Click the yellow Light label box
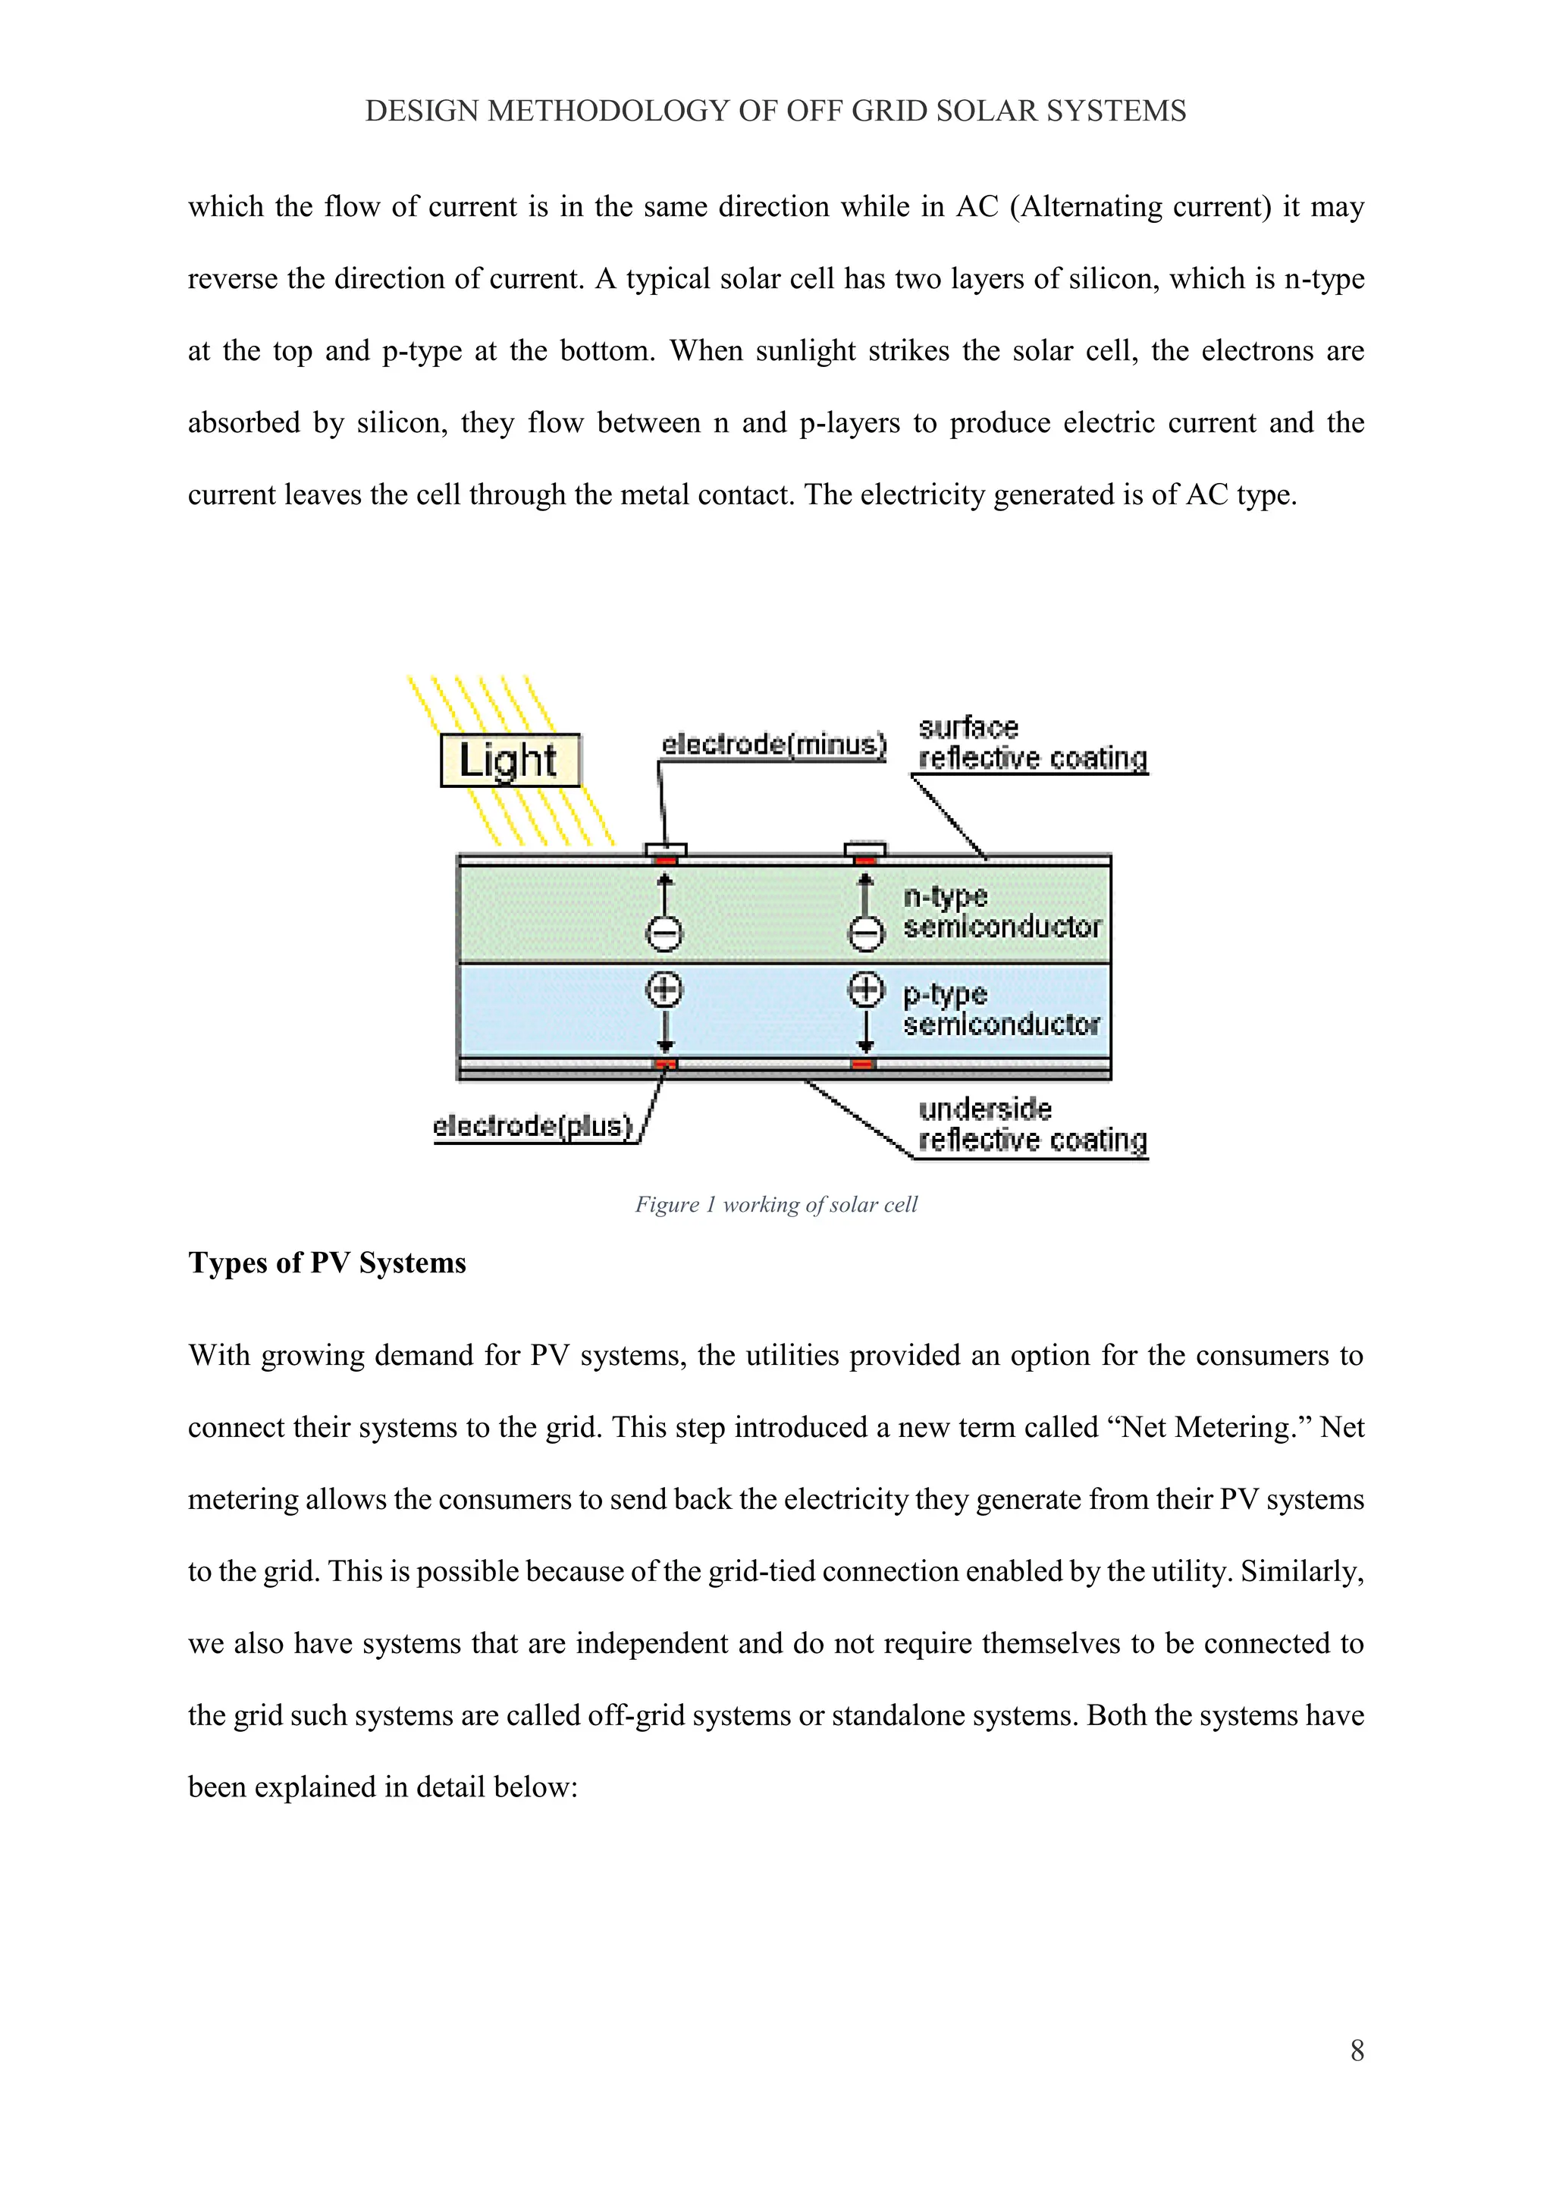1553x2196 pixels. tap(510, 761)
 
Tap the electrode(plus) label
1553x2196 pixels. tap(534, 1126)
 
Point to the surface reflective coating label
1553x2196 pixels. tap(1032, 743)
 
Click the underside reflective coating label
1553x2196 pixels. tap(1032, 1125)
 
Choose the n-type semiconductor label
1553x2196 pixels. tap(1001, 911)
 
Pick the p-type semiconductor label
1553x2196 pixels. tap(1001, 1009)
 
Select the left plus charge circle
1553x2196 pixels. tap(666, 989)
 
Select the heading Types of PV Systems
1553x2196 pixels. tap(327, 1263)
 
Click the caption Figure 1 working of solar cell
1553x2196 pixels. tap(776, 1204)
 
